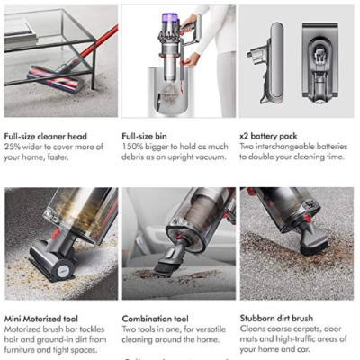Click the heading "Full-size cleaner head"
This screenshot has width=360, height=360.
pos(49,136)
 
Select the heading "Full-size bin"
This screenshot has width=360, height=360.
pos(146,136)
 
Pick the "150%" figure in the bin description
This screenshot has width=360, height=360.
pos(133,147)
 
